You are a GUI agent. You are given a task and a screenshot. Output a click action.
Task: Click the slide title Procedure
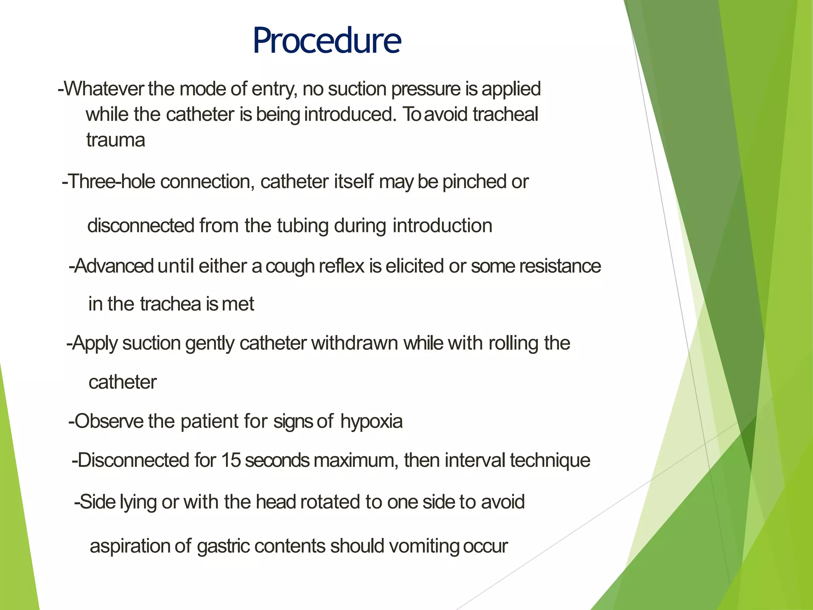[327, 41]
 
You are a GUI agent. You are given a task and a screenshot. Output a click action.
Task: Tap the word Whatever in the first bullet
[104, 89]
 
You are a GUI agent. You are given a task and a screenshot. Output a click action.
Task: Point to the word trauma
[116, 140]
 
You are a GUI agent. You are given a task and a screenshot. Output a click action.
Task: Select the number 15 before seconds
[231, 460]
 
